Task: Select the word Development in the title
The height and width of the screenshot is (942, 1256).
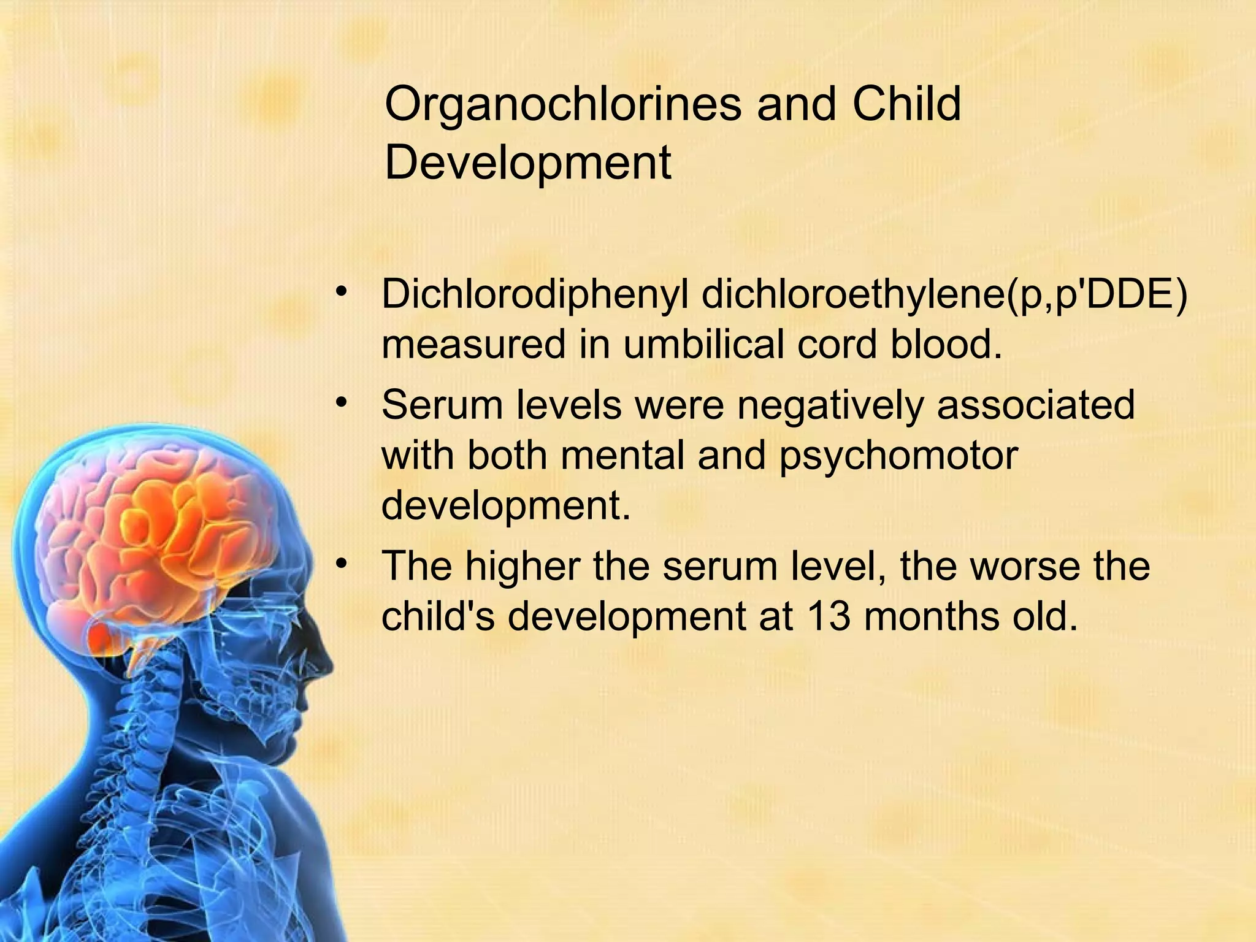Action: [527, 163]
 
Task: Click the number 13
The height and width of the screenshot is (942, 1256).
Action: [827, 616]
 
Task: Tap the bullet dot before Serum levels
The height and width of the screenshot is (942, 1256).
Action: [342, 402]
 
